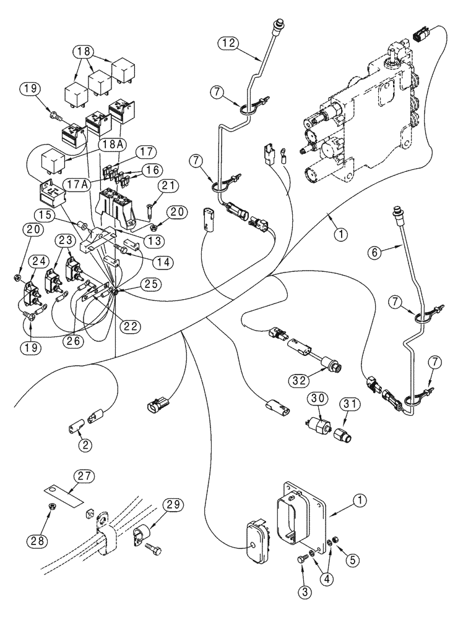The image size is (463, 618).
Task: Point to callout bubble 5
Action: pos(350,561)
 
